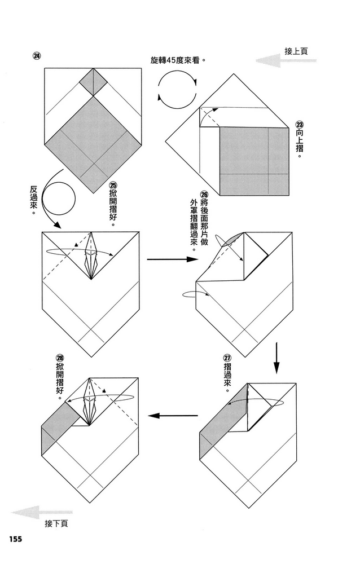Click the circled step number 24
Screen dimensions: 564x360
[37, 56]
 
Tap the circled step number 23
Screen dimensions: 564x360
[299, 125]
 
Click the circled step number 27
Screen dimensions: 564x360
[227, 358]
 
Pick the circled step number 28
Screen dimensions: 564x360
[59, 358]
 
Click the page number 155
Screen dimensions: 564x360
[15, 539]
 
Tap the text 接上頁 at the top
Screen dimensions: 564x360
[296, 51]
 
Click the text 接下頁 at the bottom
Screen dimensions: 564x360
[56, 524]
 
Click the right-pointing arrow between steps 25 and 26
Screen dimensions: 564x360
[172, 259]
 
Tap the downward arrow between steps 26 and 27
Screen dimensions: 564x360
[276, 358]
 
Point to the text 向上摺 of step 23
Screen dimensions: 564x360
[299, 143]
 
